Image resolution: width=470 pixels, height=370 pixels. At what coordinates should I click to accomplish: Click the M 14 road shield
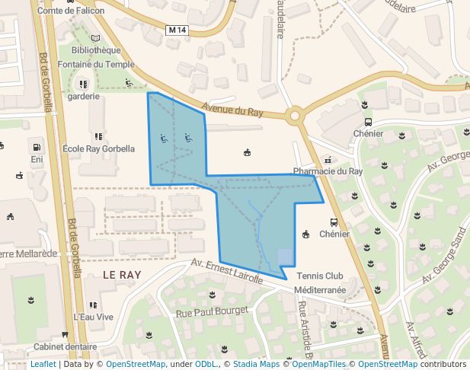click(x=176, y=30)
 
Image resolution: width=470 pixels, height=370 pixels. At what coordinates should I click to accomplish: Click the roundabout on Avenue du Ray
click(x=295, y=116)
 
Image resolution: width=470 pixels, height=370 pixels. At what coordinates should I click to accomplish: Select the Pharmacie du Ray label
click(x=328, y=171)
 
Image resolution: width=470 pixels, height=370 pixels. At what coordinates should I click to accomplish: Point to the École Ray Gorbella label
click(x=98, y=148)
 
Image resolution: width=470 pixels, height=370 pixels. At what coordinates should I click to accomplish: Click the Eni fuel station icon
click(x=36, y=146)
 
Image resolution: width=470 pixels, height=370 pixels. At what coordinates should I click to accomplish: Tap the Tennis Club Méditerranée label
click(x=321, y=282)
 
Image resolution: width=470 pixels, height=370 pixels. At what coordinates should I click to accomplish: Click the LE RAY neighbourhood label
click(x=123, y=274)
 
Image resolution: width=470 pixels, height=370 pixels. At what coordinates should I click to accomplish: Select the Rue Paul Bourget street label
click(x=212, y=311)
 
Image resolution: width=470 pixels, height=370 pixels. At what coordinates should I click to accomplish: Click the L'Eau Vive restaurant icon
click(x=93, y=305)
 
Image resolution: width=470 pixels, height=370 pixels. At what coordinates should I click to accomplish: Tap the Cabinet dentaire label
click(x=65, y=345)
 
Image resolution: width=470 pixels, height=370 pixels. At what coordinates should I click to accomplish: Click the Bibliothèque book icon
click(x=95, y=38)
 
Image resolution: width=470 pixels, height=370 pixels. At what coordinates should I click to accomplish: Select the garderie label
click(x=84, y=97)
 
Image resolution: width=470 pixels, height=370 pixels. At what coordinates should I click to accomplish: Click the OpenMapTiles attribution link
click(x=315, y=364)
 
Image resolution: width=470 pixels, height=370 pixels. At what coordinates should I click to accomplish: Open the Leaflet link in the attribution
click(x=43, y=364)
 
